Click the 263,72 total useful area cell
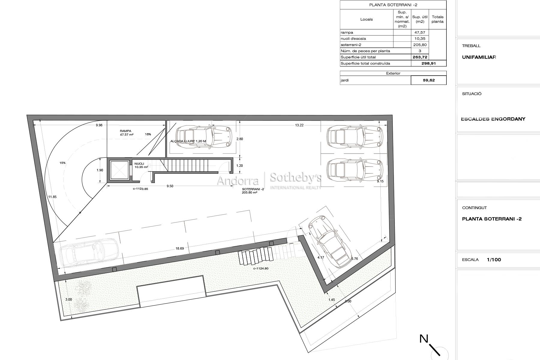[x=420, y=57]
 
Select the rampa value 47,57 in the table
[x=420, y=32]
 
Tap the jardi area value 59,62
[x=429, y=80]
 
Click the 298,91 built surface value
[x=429, y=63]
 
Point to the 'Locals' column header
[x=367, y=19]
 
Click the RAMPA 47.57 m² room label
[x=127, y=133]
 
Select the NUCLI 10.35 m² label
[x=141, y=165]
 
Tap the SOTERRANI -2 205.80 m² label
[x=250, y=191]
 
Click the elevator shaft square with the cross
[x=117, y=170]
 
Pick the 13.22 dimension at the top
[x=299, y=125]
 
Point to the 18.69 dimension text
[x=180, y=248]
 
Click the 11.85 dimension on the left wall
[x=52, y=197]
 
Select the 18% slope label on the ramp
[x=148, y=134]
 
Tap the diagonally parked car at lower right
[x=330, y=241]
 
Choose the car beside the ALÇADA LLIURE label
[x=204, y=137]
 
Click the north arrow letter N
[x=424, y=339]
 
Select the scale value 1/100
[x=494, y=260]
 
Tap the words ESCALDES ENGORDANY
[x=493, y=119]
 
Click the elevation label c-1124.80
[x=261, y=268]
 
